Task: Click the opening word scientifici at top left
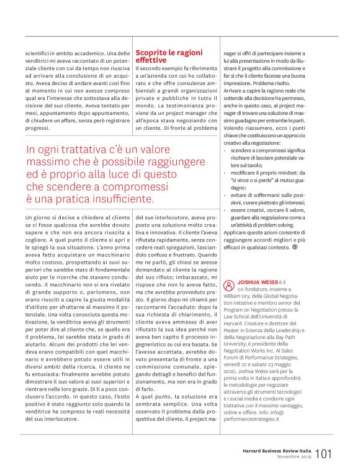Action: pyautogui.click(x=38, y=53)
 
